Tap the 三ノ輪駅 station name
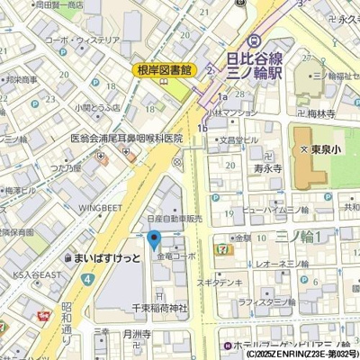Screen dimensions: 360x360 point(254,72)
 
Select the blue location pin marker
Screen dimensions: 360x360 point(154,239)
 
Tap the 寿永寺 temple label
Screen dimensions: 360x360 point(267,167)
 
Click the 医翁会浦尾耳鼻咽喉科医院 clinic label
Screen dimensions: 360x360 point(126,139)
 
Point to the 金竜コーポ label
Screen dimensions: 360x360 point(176,257)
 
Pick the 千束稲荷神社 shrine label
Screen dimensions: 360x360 point(159,309)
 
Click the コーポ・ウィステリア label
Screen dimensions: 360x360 point(81,40)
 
